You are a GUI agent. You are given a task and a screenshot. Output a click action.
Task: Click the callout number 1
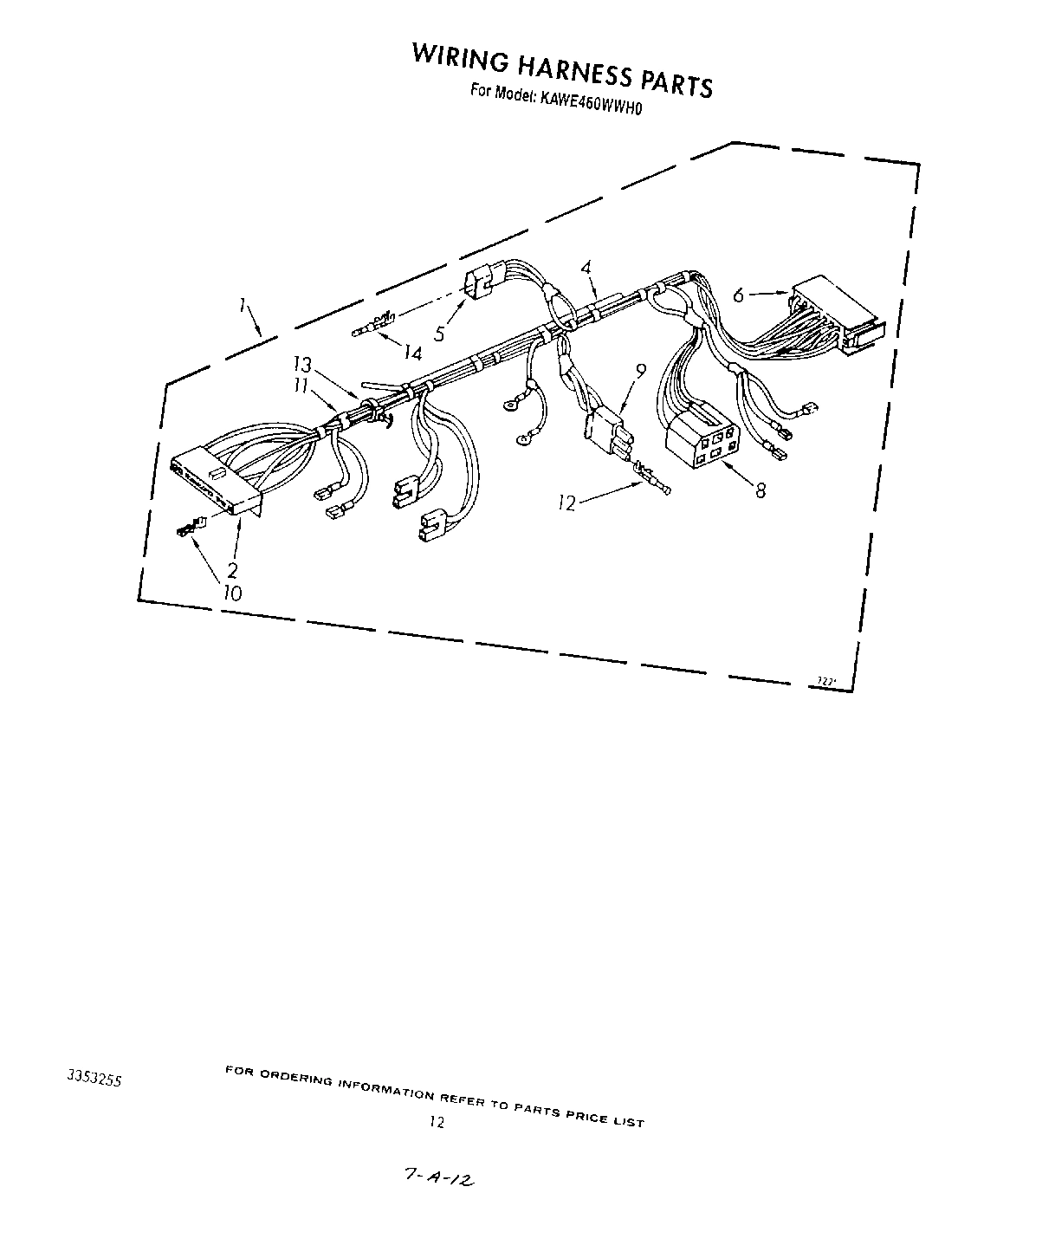pyautogui.click(x=245, y=306)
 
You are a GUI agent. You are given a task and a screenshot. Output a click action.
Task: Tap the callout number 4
pyautogui.click(x=587, y=269)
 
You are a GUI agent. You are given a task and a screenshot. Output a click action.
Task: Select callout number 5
pyautogui.click(x=439, y=333)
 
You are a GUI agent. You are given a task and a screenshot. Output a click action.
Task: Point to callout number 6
pyautogui.click(x=738, y=295)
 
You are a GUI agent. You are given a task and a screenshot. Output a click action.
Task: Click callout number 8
pyautogui.click(x=761, y=490)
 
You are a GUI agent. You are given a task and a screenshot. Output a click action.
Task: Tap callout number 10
pyautogui.click(x=232, y=593)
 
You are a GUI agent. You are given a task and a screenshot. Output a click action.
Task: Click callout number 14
pyautogui.click(x=411, y=353)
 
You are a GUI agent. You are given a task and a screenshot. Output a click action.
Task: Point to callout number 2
pyautogui.click(x=232, y=570)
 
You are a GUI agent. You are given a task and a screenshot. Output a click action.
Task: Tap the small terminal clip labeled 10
pyautogui.click(x=190, y=526)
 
